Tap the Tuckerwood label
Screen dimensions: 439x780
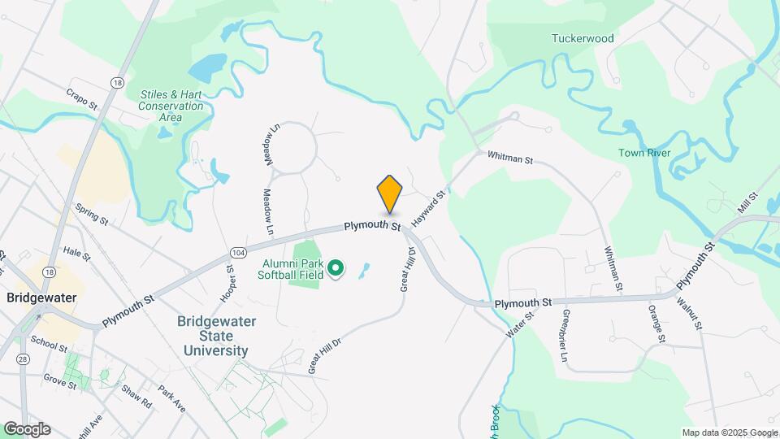[583, 38]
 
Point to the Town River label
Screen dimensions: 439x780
[643, 153]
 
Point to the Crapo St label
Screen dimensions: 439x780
[81, 99]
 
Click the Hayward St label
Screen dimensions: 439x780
[429, 209]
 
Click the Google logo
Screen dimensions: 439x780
[27, 429]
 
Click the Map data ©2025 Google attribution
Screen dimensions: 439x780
[729, 432]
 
